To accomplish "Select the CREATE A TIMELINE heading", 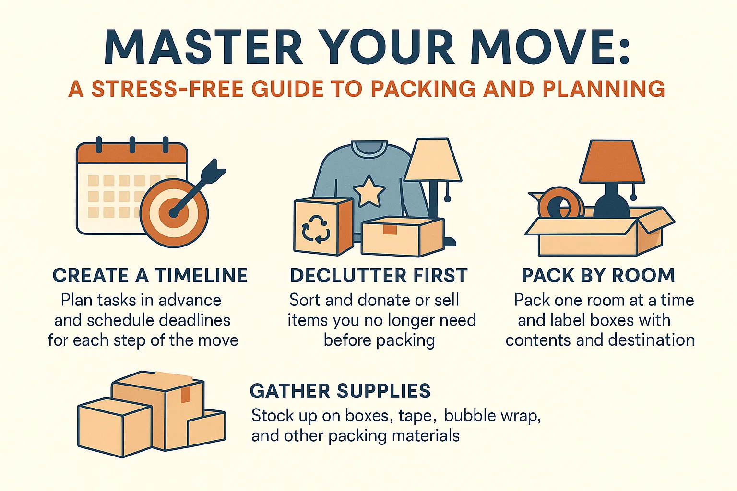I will pos(150,276).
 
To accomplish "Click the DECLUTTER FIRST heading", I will pos(379,276).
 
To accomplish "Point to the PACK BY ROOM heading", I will pos(598,276).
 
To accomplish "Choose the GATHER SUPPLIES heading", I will pos(340,391).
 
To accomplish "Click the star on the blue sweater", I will pos(368,191).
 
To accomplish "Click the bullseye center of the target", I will pos(174,213).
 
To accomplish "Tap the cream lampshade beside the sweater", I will pos(433,160).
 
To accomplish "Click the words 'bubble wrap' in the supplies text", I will pos(492,416).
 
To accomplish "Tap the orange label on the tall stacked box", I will pos(185,394).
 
